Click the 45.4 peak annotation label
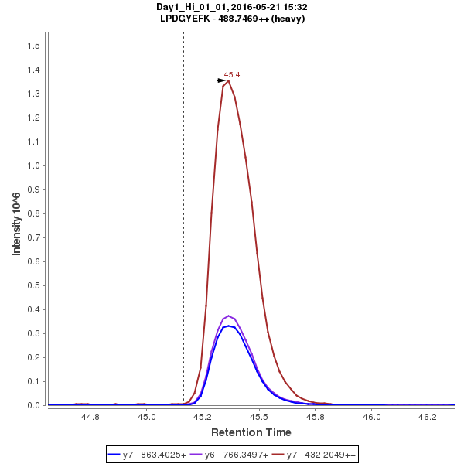coord(232,75)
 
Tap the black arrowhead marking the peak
coord(222,80)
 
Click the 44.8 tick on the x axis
coord(90,417)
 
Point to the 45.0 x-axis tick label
coord(147,417)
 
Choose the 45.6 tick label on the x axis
coord(316,417)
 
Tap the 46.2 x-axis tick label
coord(428,417)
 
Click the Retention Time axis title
coord(251,432)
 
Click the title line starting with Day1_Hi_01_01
coord(232,7)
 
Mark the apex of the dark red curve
coord(229,80)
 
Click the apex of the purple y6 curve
coord(229,316)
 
